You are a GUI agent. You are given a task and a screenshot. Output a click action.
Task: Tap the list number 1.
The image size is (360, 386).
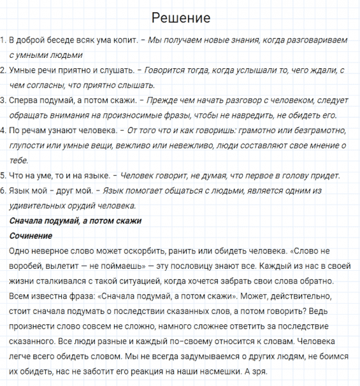pyautogui.click(x=3, y=41)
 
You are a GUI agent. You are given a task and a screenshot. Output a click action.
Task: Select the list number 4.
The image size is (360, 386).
pyautogui.click(x=3, y=131)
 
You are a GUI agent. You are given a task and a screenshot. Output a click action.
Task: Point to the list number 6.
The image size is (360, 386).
pyautogui.click(x=3, y=191)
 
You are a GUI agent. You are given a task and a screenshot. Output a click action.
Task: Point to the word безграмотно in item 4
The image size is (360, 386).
pyautogui.click(x=323, y=131)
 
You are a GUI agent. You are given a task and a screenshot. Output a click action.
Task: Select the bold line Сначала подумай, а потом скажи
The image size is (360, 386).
pyautogui.click(x=75, y=221)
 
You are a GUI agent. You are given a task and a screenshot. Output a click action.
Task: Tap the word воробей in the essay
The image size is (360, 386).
pyautogui.click(x=29, y=266)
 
